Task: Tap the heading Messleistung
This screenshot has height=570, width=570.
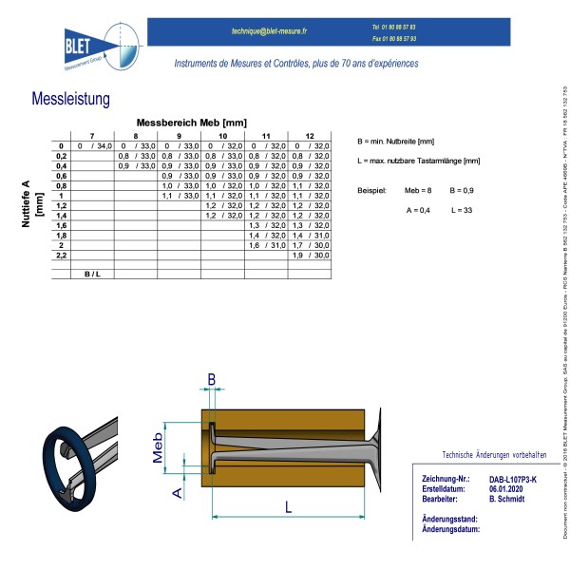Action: tap(71, 99)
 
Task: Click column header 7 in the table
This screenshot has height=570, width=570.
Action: tap(91, 135)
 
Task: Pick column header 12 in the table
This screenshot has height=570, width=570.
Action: tap(309, 135)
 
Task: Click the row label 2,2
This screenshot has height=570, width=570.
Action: tap(62, 256)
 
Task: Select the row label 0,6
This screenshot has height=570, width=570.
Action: tap(62, 176)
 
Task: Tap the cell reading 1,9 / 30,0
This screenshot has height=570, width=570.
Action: tap(310, 256)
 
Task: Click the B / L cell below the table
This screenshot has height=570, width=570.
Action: tap(92, 275)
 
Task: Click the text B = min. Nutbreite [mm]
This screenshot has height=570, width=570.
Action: tap(395, 141)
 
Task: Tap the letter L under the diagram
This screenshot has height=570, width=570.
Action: tap(288, 508)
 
